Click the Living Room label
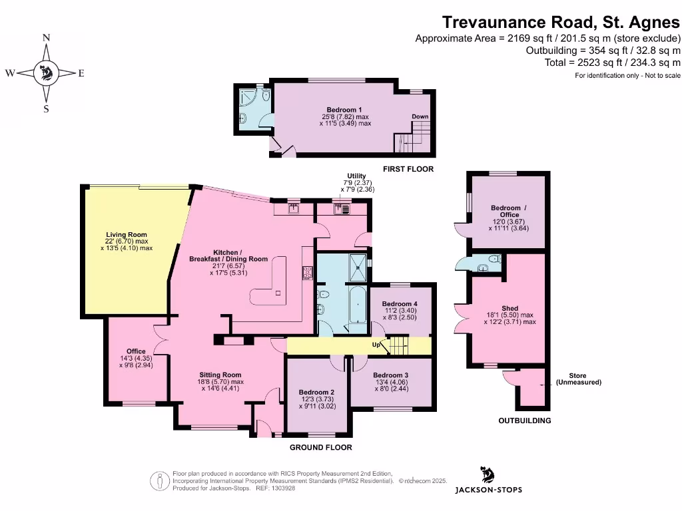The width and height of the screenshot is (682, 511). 127,235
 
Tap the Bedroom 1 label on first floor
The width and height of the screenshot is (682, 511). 344,110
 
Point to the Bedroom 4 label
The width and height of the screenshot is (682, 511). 400,304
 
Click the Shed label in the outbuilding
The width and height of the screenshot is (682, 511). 510,309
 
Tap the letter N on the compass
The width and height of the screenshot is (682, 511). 46,39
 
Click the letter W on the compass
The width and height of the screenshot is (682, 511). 11,74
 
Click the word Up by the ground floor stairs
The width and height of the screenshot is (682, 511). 376,345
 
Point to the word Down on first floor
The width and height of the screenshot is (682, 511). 420,117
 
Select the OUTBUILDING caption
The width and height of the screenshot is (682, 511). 525,421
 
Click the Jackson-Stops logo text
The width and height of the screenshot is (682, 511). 488,490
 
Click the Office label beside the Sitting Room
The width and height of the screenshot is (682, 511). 136,351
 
